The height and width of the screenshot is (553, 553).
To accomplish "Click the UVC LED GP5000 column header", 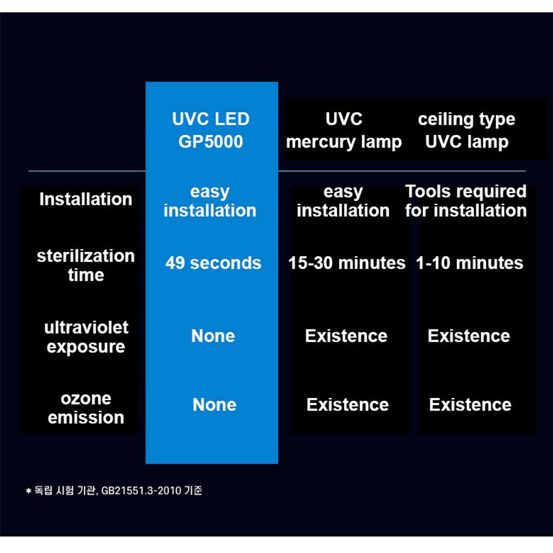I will point(211,131).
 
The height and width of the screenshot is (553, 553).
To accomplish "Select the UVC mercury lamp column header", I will point(344,131).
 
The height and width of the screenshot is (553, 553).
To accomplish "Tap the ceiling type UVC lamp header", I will point(467,131).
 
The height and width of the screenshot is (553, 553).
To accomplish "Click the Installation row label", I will point(85,199).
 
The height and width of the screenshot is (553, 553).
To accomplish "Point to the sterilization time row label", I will point(85,265).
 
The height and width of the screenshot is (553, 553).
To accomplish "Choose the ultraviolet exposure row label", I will point(86,337).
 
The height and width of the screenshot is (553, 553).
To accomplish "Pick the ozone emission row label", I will point(86,408).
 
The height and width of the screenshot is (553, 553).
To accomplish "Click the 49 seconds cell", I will point(213,263).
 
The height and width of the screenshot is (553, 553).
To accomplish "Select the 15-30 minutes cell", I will point(347,263).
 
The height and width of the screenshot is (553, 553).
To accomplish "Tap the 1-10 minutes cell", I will point(469,263).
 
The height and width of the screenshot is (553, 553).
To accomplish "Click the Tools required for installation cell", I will point(466,201).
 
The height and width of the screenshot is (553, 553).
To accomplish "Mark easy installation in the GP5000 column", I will point(210,201).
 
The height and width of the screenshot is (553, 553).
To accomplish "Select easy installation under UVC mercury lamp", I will point(343,201).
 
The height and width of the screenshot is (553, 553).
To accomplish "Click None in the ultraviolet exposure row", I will point(213,336).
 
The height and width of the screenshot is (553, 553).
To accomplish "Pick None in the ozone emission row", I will point(214,404).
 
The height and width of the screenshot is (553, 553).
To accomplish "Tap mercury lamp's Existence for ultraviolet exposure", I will point(346,336).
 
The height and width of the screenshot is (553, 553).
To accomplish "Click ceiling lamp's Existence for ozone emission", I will point(470,404).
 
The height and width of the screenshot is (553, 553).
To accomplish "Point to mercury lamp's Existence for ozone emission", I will point(347,404).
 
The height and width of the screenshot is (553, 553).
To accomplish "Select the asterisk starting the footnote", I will point(29,491).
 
